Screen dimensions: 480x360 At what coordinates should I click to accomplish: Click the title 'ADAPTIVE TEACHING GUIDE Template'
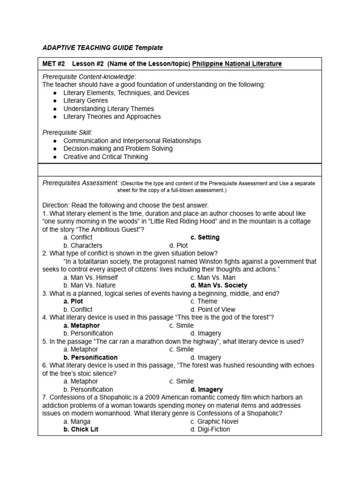[103, 47]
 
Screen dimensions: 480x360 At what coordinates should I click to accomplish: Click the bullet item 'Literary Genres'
[86, 101]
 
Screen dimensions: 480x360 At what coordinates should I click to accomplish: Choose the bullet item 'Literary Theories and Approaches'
[112, 117]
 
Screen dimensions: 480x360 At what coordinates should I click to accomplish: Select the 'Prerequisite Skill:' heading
[67, 133]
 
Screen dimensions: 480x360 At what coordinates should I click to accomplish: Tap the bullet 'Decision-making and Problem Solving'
[118, 149]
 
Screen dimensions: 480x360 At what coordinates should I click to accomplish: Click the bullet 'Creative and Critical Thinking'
[105, 157]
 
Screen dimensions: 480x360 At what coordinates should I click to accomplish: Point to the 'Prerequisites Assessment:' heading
[81, 183]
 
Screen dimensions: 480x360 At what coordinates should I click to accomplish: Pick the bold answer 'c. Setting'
[205, 238]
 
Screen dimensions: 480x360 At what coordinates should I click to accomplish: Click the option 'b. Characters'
[83, 246]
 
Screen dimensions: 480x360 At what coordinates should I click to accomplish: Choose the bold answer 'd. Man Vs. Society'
[219, 285]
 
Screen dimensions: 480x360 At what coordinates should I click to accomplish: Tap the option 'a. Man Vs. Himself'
[91, 277]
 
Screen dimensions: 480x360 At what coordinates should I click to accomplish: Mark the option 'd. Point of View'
[213, 309]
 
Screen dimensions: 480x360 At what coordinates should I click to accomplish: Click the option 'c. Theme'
[204, 301]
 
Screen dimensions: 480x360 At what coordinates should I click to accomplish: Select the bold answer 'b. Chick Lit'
[81, 429]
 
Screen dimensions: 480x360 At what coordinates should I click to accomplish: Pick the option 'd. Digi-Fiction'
[210, 429]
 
